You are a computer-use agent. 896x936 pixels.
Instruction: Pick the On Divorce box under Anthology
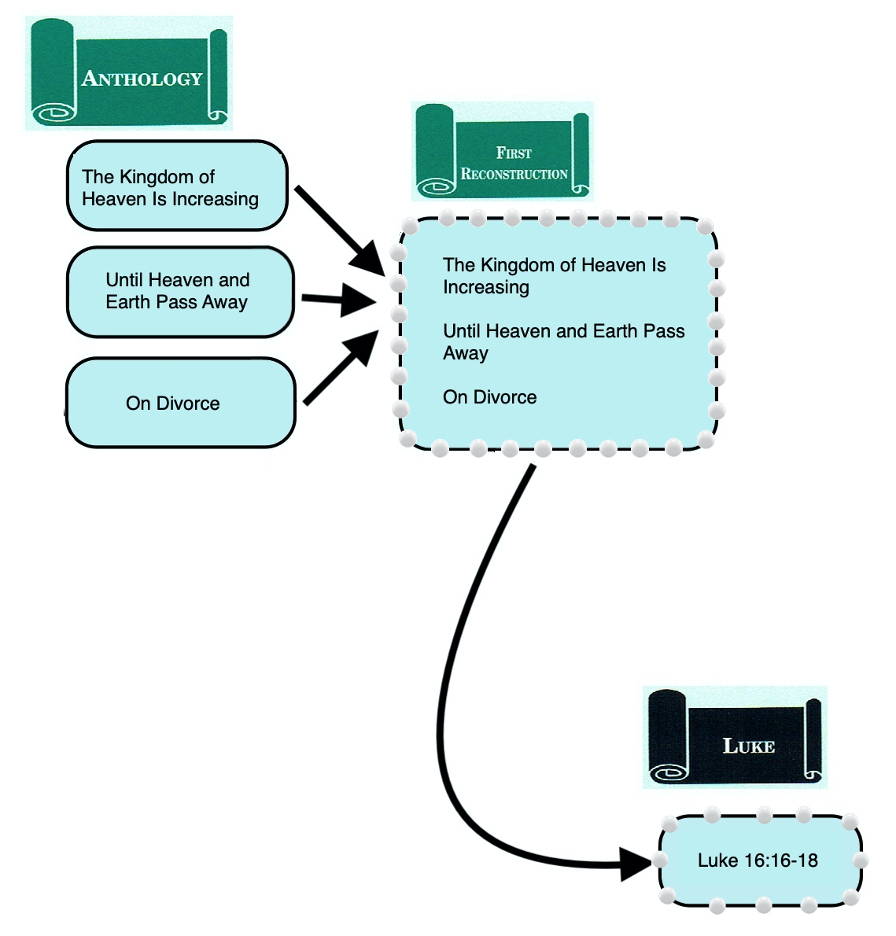180,403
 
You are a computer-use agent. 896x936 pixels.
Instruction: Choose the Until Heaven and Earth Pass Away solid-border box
180,292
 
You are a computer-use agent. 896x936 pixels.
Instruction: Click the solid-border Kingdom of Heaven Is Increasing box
177,186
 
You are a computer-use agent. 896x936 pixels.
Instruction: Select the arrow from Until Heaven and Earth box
334,300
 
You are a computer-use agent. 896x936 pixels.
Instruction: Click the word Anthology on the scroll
142,79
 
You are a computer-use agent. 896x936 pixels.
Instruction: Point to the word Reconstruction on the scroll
514,174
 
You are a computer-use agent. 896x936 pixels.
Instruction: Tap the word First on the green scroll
514,153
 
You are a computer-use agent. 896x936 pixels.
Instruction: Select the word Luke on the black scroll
748,746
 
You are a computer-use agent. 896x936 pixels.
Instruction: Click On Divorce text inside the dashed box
489,397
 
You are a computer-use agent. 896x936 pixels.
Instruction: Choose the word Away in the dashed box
466,353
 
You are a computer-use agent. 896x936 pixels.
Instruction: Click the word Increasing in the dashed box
485,287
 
